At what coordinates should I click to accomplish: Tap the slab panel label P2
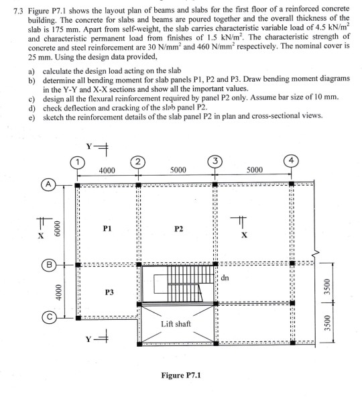(x=178, y=228)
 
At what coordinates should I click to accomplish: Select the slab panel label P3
(x=109, y=292)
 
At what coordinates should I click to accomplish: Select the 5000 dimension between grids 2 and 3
(x=178, y=171)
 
